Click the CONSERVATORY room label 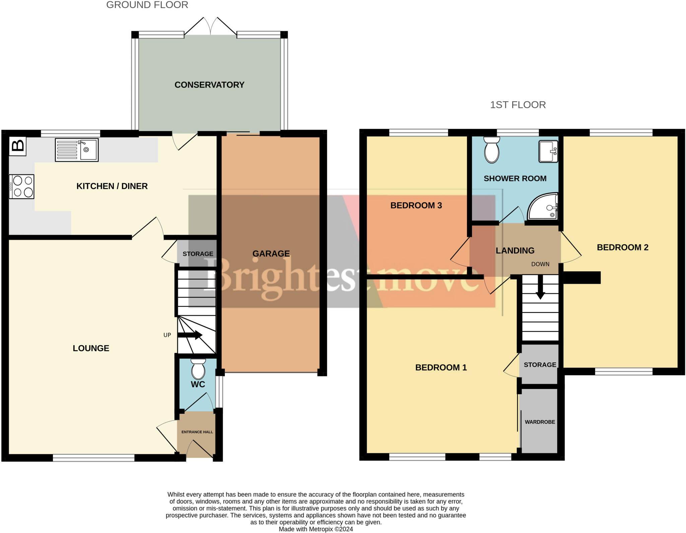[209, 85]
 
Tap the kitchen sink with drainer [77, 150]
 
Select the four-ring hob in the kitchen [22, 187]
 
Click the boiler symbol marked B [17, 146]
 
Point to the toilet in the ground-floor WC [198, 369]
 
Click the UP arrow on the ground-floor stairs [190, 335]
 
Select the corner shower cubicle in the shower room [543, 207]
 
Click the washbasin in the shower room [548, 151]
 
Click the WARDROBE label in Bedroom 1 [540, 422]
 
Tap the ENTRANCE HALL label [197, 432]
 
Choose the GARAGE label [271, 254]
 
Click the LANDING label [515, 251]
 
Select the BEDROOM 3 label [416, 205]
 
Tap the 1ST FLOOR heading [518, 105]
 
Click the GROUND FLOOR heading [147, 5]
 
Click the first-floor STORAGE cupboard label [540, 365]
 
